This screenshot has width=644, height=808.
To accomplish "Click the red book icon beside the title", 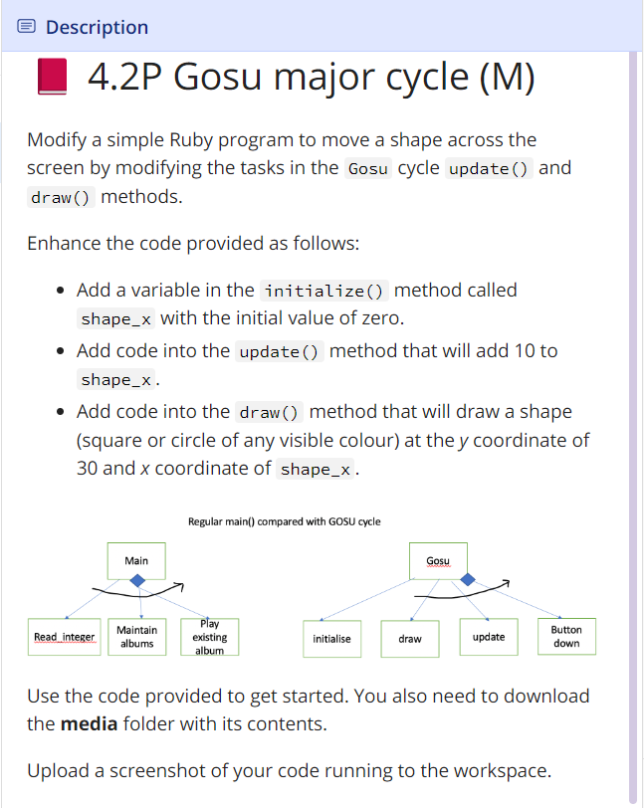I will [x=52, y=77].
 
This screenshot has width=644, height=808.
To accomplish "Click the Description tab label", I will [x=97, y=27].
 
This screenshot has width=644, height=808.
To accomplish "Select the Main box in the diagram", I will [x=136, y=561].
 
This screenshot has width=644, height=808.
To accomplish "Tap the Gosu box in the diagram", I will [x=437, y=561].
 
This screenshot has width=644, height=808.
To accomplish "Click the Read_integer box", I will [x=64, y=637].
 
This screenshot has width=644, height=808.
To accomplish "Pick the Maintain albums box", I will [x=136, y=637].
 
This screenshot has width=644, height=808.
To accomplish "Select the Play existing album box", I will [x=209, y=637].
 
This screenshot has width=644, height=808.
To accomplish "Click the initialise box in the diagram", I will [x=331, y=638].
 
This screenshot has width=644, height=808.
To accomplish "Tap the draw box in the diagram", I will [x=410, y=638].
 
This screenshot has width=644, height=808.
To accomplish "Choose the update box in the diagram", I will [x=488, y=637].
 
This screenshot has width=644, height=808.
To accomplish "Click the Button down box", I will [x=566, y=637].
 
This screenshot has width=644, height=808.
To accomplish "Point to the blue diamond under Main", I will [x=137, y=581].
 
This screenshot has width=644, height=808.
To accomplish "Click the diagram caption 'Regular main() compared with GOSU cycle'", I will [x=284, y=521].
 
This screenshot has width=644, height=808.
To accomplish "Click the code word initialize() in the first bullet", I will [x=325, y=291].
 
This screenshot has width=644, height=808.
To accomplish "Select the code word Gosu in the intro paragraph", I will [x=367, y=168].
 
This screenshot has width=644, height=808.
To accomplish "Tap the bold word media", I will [x=90, y=723].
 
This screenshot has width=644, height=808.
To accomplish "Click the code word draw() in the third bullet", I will [x=270, y=412].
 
